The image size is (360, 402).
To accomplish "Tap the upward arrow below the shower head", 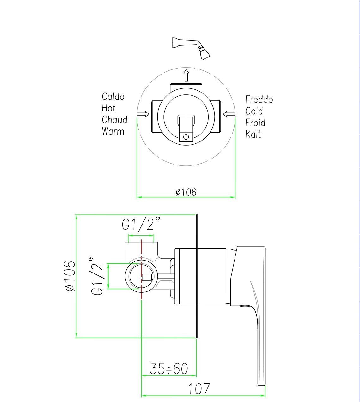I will pyautogui.click(x=186, y=75).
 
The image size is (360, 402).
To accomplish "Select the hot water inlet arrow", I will pyautogui.click(x=143, y=114).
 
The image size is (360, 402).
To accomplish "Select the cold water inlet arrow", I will pyautogui.click(x=229, y=114).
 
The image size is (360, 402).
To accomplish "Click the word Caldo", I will pyautogui.click(x=113, y=97).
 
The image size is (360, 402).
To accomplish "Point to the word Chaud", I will pyautogui.click(x=114, y=120).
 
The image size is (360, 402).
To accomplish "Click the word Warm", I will pyautogui.click(x=113, y=131).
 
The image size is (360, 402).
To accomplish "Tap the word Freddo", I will pyautogui.click(x=259, y=100).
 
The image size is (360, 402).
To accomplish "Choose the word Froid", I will pyautogui.click(x=255, y=123).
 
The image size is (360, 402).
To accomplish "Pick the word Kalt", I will pyautogui.click(x=253, y=135).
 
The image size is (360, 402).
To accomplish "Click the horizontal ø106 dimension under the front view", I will pyautogui.click(x=186, y=192).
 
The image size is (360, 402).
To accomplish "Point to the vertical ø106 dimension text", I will pyautogui.click(x=70, y=276).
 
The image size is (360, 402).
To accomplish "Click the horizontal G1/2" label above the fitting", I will pyautogui.click(x=141, y=225).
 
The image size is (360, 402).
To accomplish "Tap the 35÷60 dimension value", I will pyautogui.click(x=169, y=369).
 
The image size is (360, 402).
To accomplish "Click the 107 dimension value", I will pyautogui.click(x=199, y=389).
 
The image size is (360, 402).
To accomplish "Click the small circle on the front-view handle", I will pyautogui.click(x=186, y=137).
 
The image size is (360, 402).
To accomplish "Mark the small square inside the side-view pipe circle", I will pyautogui.click(x=147, y=277).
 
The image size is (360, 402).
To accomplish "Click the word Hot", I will pyautogui.click(x=108, y=108).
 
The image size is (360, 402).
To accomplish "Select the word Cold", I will pyautogui.click(x=254, y=111).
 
